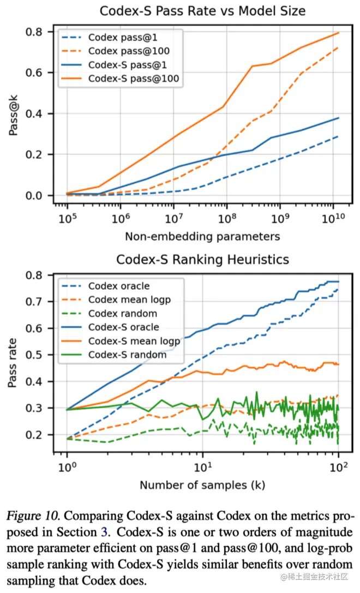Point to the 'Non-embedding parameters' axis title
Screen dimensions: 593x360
[202, 236]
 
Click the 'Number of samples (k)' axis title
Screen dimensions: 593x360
[202, 485]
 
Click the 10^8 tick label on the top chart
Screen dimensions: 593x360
[226, 219]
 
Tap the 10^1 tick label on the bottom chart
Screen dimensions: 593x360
[203, 468]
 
